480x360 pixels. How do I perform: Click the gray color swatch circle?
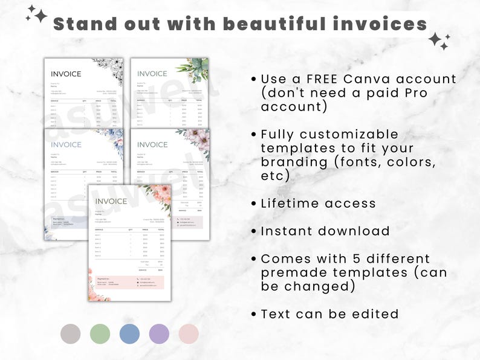[71, 334]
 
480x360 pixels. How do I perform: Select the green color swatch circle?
[100, 334]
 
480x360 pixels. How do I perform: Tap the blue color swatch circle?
[129, 334]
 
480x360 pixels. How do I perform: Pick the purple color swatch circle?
[159, 334]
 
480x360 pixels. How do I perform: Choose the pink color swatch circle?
[189, 334]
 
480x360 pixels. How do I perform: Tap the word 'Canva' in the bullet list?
[364, 79]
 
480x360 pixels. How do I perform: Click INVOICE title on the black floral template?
[66, 74]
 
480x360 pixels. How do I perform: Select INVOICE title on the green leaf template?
[152, 74]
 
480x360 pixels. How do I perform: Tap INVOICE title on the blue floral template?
[66, 144]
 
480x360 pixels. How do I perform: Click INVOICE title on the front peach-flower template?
[111, 201]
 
